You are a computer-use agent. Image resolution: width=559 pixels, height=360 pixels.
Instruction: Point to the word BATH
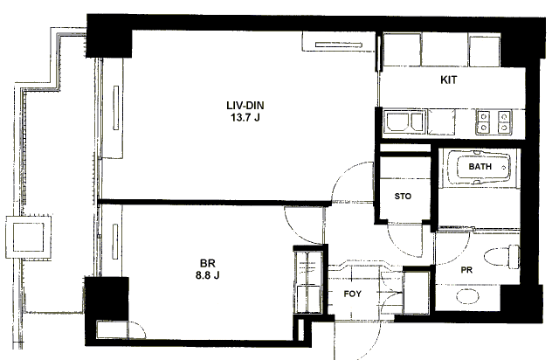coord(480,166)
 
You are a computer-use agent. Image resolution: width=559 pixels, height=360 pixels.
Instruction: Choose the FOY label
coord(354,294)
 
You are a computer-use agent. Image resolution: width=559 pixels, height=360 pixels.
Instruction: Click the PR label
coord(467,272)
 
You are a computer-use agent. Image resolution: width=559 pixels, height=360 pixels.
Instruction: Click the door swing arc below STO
coord(406,236)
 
